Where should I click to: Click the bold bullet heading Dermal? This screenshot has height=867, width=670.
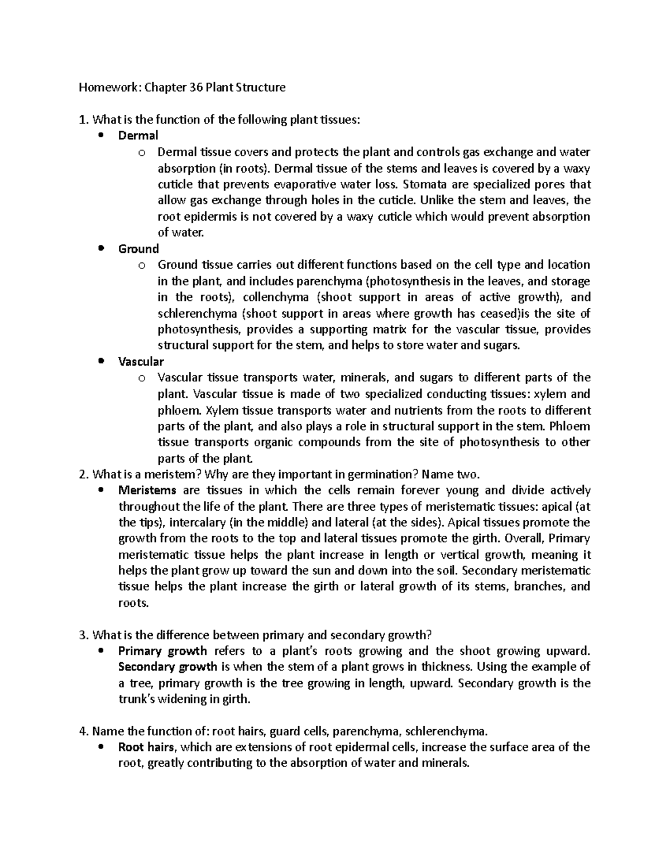click(138, 136)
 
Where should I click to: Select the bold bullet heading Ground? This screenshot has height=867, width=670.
click(138, 249)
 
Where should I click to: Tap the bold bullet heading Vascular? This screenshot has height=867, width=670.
click(141, 362)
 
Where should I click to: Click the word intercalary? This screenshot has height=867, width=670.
click(199, 523)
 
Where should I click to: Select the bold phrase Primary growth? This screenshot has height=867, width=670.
click(162, 651)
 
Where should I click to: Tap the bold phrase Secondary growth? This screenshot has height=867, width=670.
click(167, 667)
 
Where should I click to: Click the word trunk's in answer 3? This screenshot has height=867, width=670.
click(137, 700)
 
